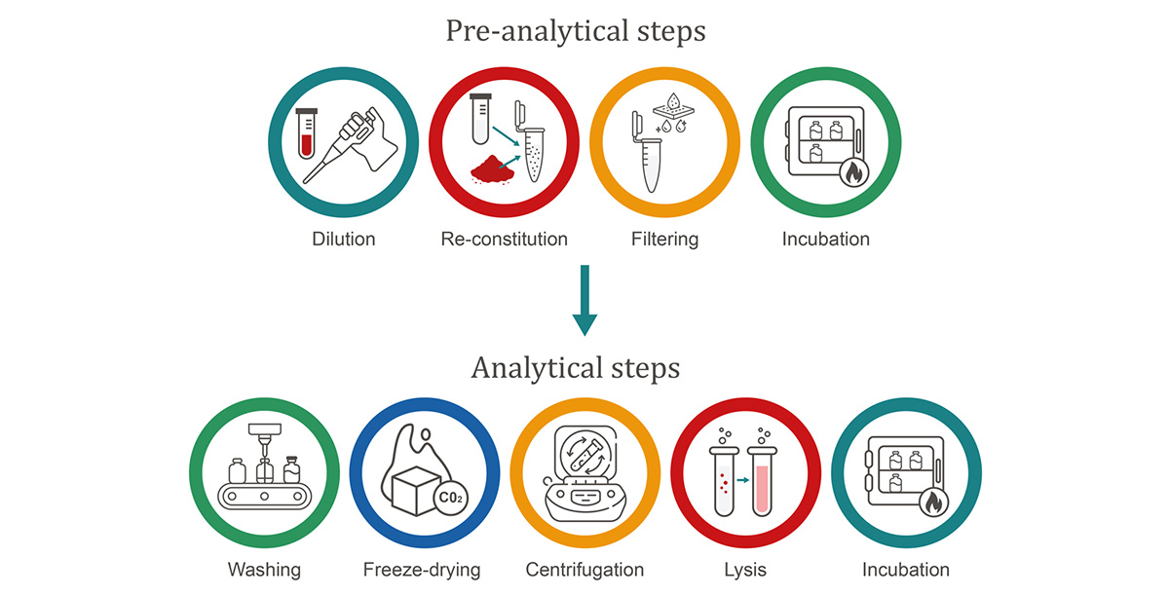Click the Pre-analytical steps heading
point(576,31)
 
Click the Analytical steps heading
point(576,369)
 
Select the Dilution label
point(344,239)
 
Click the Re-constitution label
point(503,239)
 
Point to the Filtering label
point(664,239)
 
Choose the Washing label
point(264,570)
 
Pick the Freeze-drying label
point(422,570)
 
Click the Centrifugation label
point(584,570)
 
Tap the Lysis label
point(744,570)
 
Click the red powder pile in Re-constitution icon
point(493,173)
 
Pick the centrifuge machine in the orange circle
point(584,477)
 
